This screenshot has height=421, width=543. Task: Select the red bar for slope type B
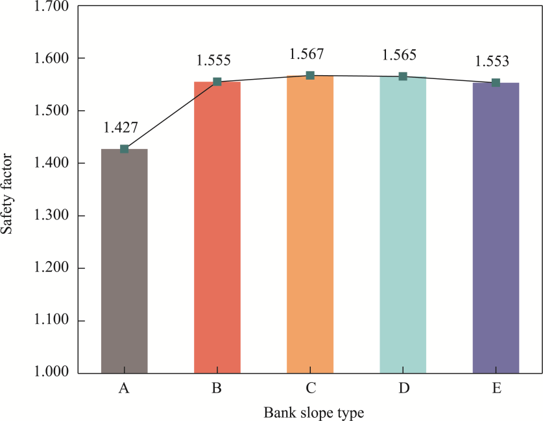tap(217, 227)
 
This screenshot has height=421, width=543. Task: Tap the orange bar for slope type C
tap(310, 224)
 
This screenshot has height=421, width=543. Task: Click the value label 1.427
tap(121, 128)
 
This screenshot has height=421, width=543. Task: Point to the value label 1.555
tap(213, 61)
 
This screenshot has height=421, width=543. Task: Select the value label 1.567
tap(306, 54)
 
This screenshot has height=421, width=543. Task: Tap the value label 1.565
tap(399, 55)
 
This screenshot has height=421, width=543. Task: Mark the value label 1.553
tap(492, 62)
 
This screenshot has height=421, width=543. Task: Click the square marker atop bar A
tap(125, 149)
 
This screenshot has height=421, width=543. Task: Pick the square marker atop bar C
tap(310, 76)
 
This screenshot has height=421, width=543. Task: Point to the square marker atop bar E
tap(496, 83)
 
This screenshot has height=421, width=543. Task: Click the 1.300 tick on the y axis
tap(51, 216)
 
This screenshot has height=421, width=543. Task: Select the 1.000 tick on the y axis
tap(51, 373)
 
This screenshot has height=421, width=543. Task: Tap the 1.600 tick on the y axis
tap(51, 58)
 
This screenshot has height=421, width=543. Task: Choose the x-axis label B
tap(217, 389)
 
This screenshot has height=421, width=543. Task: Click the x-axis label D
tap(403, 389)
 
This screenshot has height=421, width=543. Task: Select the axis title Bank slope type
tap(310, 412)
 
